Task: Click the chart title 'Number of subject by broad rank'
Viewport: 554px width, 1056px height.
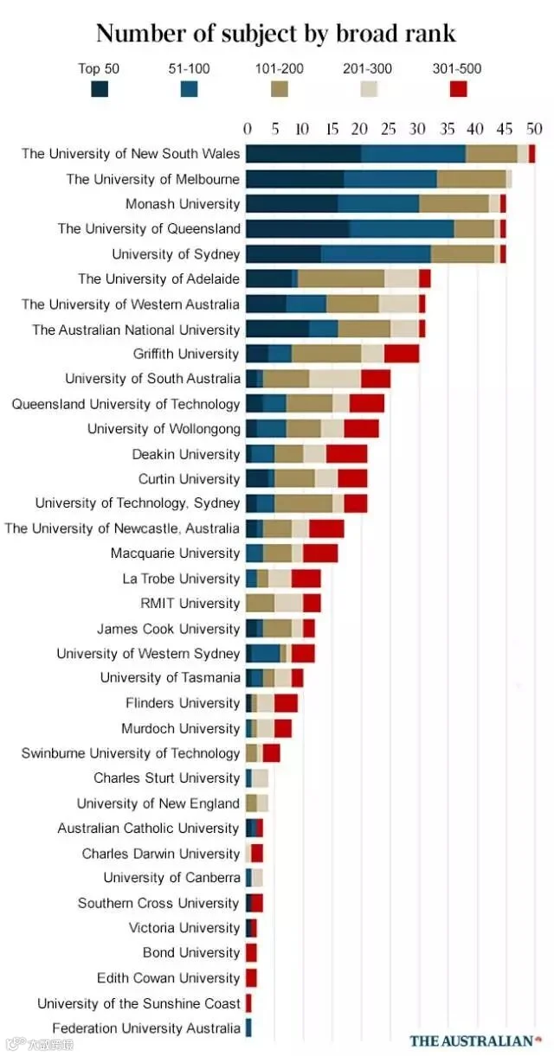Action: (x=276, y=34)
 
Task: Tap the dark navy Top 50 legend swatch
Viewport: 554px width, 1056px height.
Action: (x=100, y=88)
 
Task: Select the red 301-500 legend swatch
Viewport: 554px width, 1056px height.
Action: (x=458, y=88)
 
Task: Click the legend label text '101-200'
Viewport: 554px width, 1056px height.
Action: (x=280, y=69)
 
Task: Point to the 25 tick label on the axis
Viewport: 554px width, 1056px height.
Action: (x=389, y=129)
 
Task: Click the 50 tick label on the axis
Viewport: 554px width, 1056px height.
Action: (x=534, y=129)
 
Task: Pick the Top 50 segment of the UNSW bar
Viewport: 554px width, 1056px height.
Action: (x=304, y=154)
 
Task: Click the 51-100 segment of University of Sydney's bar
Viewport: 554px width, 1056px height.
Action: (x=376, y=254)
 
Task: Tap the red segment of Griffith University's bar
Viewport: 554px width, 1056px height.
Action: (x=402, y=354)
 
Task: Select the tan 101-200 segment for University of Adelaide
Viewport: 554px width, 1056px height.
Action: (x=341, y=278)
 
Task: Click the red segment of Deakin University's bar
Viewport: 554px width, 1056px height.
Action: (x=347, y=453)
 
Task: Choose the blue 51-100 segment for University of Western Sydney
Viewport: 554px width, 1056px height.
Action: (x=266, y=653)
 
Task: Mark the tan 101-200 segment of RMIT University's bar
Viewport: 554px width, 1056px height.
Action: (x=261, y=604)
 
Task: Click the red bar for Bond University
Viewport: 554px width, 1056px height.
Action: (x=252, y=953)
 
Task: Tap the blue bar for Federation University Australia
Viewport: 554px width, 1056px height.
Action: (x=248, y=1027)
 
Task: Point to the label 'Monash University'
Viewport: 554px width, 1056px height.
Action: (x=183, y=204)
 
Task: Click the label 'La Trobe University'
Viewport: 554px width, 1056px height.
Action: (x=181, y=579)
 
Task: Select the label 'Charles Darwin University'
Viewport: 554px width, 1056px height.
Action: (x=161, y=854)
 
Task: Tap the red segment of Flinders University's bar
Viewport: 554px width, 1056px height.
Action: (x=286, y=703)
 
